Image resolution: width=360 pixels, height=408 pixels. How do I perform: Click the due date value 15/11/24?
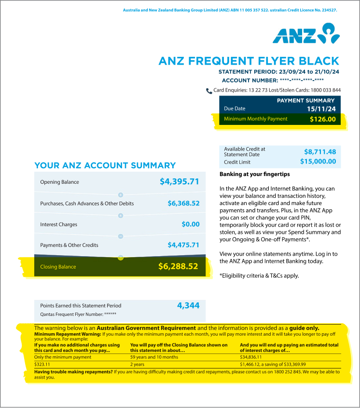[321, 109]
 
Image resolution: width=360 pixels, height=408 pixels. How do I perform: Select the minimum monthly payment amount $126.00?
[322, 119]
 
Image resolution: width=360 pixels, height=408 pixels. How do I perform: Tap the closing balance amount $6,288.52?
[179, 266]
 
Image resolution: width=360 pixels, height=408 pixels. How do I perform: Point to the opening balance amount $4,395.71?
[179, 182]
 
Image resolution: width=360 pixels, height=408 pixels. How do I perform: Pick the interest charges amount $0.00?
[190, 224]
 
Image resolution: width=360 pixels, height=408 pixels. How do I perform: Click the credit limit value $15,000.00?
[318, 162]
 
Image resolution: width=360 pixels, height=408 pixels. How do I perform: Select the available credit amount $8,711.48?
[320, 151]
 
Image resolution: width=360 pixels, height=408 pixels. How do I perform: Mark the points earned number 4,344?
[188, 305]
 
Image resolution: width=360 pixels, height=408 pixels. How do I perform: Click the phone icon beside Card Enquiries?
[209, 91]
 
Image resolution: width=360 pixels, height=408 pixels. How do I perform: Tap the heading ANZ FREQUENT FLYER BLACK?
[249, 61]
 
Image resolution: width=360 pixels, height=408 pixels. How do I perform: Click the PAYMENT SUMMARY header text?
[305, 101]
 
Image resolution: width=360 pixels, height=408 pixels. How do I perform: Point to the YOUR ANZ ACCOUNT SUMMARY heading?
[105, 165]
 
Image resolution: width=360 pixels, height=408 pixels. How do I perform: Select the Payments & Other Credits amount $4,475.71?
[183, 245]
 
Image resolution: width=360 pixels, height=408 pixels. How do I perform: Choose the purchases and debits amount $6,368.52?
[183, 204]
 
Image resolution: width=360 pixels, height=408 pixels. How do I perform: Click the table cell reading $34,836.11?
[251, 357]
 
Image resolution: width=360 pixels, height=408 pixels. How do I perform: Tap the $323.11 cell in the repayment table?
[43, 365]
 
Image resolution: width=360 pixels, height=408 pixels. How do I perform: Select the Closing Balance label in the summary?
[58, 267]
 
